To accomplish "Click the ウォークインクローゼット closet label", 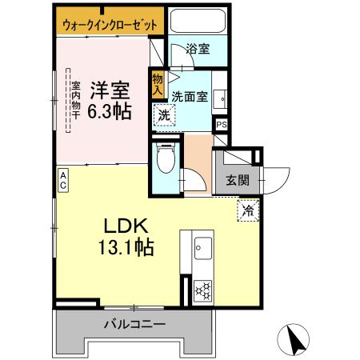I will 110,25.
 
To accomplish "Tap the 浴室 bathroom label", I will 198,50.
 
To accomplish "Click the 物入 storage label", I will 158,82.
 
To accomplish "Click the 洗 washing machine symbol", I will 163,115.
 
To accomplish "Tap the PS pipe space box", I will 222,125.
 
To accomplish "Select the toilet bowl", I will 166,159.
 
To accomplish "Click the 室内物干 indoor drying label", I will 75,100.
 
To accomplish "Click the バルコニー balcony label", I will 134,326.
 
